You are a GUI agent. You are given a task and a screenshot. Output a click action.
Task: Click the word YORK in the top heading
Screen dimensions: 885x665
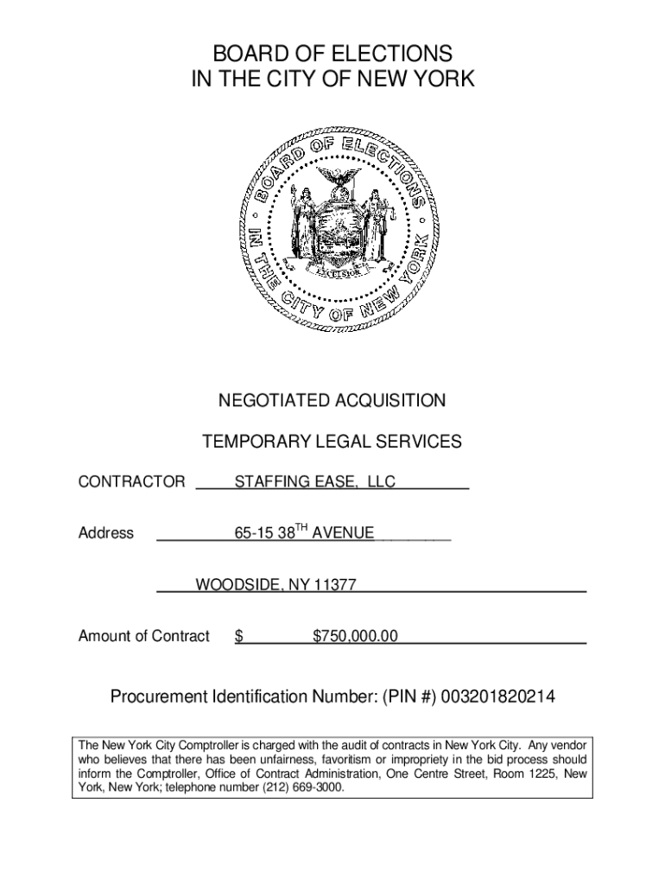pos(443,80)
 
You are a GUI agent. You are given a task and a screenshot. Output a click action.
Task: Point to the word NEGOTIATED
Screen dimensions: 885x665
pos(269,401)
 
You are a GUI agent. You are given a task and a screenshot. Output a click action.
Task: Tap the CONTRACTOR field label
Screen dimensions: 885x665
pos(131,482)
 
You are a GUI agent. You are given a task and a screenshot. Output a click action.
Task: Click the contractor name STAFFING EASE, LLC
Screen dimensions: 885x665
pos(315,482)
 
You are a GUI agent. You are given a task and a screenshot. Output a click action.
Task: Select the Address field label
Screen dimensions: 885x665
pos(106,533)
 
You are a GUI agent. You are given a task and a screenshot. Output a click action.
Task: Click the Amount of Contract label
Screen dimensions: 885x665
pos(143,637)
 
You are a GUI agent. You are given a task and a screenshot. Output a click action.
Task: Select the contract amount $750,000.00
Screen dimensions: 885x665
pos(355,637)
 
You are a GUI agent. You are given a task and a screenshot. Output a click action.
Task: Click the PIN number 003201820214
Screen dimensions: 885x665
pos(498,697)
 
